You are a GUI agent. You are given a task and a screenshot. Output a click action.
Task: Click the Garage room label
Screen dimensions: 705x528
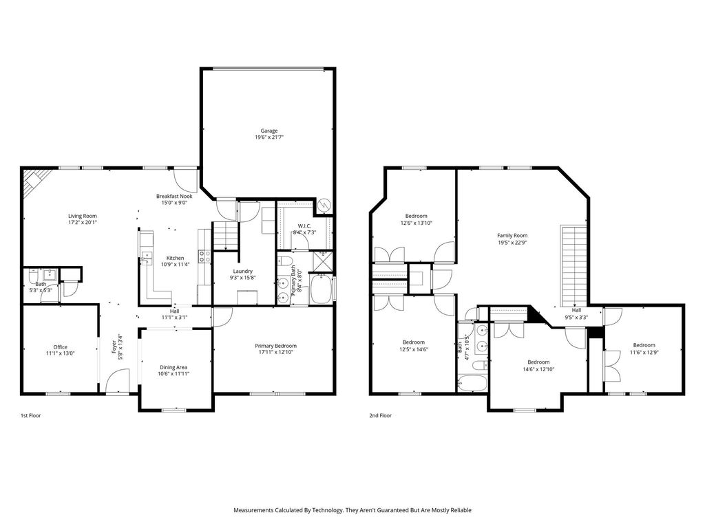click(x=269, y=131)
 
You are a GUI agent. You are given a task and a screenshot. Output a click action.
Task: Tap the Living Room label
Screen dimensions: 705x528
click(x=83, y=216)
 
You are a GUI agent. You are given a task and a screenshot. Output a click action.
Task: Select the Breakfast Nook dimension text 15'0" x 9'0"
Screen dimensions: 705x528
click(x=174, y=203)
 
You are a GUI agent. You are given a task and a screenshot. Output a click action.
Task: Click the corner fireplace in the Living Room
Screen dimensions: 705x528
click(x=34, y=182)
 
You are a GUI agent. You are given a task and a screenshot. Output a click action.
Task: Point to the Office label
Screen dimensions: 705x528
click(x=61, y=347)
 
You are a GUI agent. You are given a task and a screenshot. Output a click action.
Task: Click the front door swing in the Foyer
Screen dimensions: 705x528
click(x=117, y=380)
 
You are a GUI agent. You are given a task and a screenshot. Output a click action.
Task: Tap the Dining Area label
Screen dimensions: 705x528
click(x=173, y=367)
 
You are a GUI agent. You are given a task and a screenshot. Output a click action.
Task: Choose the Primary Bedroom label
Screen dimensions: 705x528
click(x=275, y=346)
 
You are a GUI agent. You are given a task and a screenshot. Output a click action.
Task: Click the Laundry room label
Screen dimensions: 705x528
click(x=243, y=271)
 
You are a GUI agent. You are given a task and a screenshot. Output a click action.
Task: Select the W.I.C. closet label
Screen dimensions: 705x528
click(x=304, y=225)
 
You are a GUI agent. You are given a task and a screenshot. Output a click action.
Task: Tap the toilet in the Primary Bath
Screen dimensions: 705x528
click(x=285, y=261)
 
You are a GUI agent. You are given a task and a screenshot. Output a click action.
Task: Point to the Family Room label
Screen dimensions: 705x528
click(x=512, y=235)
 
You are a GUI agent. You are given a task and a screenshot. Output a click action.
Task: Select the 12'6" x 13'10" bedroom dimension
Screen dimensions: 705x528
click(x=417, y=223)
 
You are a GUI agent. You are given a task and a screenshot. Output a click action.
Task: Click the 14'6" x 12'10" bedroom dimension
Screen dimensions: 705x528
click(x=538, y=369)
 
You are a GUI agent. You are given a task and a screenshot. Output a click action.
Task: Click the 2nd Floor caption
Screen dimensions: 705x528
click(x=380, y=416)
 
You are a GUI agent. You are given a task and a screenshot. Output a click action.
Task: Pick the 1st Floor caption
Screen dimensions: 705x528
click(x=30, y=416)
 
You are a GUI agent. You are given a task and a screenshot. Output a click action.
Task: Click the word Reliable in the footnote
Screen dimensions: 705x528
click(x=461, y=510)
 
